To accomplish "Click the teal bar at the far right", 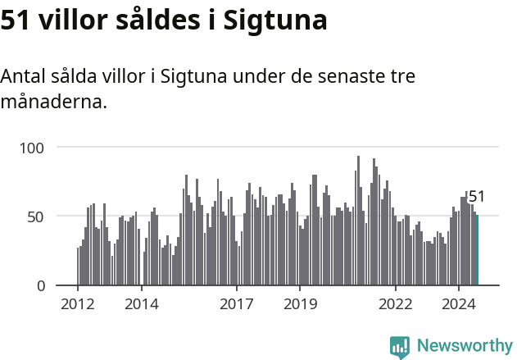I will [477, 250].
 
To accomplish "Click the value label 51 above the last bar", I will [477, 197].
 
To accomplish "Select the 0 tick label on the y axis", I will [41, 285].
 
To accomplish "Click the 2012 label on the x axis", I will [78, 304].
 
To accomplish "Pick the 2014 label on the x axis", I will [141, 304].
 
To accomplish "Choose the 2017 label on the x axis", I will [237, 304].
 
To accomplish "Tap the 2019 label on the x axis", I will [300, 304].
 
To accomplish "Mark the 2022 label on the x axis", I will [396, 304].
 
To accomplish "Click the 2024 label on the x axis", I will [459, 304].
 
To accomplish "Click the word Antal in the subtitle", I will [23, 77].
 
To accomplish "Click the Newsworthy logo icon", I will [400, 347].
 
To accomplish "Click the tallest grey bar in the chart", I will [358, 221].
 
